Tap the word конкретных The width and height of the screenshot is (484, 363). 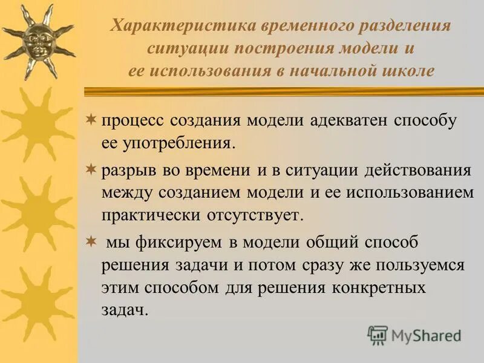coord(378,287)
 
